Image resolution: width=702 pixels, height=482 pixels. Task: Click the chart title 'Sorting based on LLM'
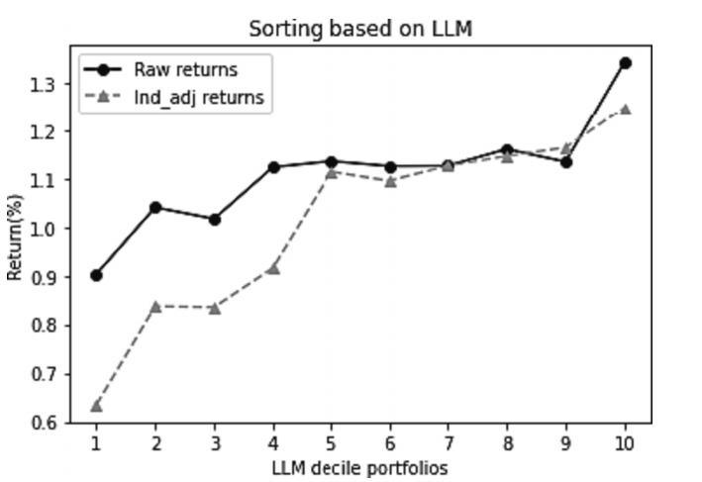360,29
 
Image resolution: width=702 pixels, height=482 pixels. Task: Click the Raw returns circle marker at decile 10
625,63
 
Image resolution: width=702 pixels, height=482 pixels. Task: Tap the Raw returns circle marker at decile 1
96,275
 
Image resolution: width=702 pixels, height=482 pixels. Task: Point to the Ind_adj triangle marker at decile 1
96,405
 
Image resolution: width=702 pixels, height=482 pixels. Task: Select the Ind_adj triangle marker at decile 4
272,268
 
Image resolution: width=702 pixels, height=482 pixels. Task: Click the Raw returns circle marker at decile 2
155,207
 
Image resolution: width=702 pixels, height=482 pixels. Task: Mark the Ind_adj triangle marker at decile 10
625,109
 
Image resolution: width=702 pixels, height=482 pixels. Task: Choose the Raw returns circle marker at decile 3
214,219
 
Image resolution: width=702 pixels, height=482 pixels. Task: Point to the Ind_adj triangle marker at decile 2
155,306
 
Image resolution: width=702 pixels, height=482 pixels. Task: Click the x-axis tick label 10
625,442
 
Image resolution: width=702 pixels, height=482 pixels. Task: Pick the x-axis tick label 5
331,442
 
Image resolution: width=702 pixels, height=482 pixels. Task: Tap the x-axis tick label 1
96,442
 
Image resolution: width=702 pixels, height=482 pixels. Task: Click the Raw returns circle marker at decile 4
272,167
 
